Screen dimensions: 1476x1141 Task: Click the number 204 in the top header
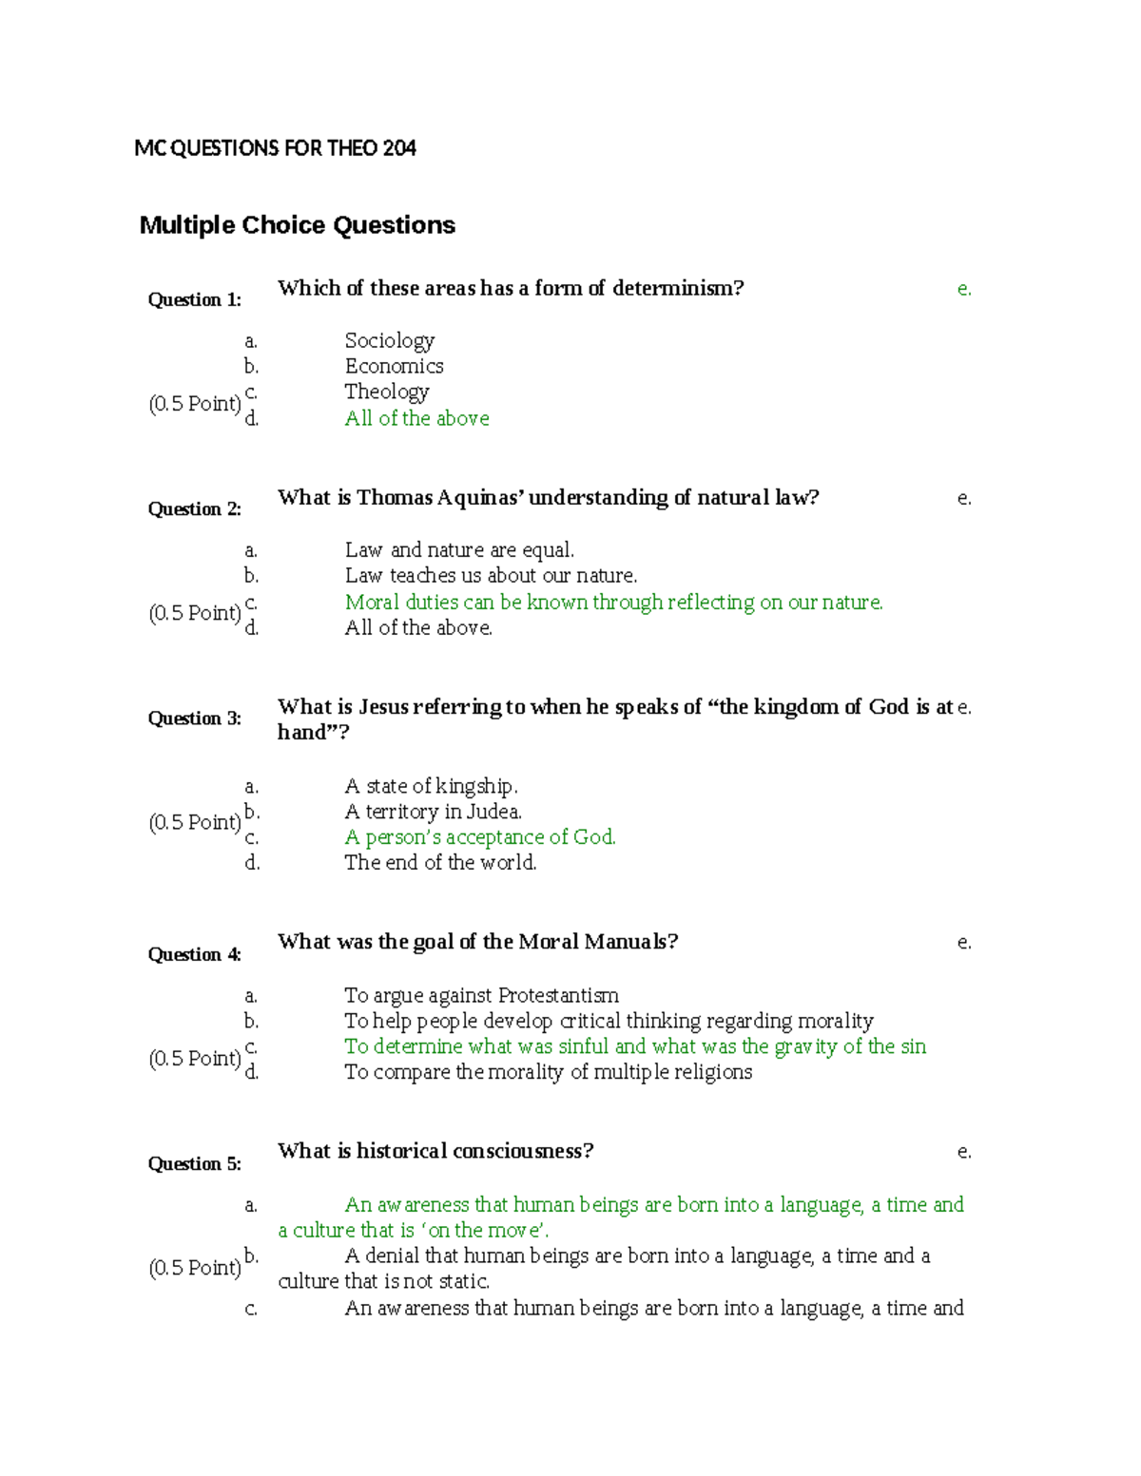point(399,148)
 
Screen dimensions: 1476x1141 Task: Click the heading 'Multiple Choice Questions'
point(297,225)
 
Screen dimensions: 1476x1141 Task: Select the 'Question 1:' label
point(194,300)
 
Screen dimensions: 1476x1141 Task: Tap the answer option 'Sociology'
point(389,340)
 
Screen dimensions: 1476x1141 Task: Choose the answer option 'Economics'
point(394,366)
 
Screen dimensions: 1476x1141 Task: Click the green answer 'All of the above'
point(416,418)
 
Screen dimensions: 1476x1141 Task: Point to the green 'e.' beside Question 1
point(964,289)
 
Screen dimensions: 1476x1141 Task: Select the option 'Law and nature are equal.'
point(459,550)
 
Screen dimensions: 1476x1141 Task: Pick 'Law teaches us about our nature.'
point(491,576)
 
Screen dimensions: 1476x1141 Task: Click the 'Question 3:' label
point(194,719)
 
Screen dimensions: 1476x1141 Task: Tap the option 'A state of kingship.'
point(431,786)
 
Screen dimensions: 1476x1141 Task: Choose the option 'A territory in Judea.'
point(433,812)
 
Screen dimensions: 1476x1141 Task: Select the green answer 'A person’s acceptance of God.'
point(480,837)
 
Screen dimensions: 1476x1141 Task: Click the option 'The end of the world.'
point(440,863)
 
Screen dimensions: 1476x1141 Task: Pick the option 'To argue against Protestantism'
point(481,995)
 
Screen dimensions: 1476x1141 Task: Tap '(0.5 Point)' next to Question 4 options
point(195,1059)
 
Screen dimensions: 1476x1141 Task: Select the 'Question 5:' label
point(194,1164)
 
